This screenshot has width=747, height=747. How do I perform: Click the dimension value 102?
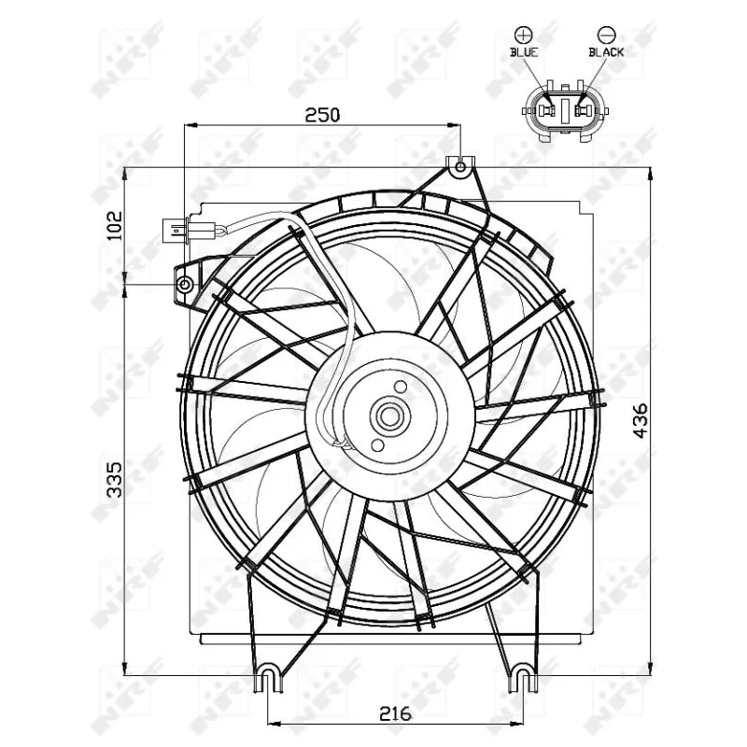point(115,225)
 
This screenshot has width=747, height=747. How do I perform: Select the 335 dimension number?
point(115,477)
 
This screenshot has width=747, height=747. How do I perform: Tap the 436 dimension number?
point(640,421)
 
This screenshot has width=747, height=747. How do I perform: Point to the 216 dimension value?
point(395,713)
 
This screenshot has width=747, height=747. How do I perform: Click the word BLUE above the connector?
point(524,52)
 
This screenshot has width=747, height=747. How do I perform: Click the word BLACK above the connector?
point(605,52)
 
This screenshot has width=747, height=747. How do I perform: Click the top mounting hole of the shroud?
point(459,168)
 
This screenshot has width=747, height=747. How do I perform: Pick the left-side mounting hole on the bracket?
point(185,283)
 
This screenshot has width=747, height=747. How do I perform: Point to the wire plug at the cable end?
point(175,229)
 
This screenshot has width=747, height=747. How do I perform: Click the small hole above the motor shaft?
point(401,387)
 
